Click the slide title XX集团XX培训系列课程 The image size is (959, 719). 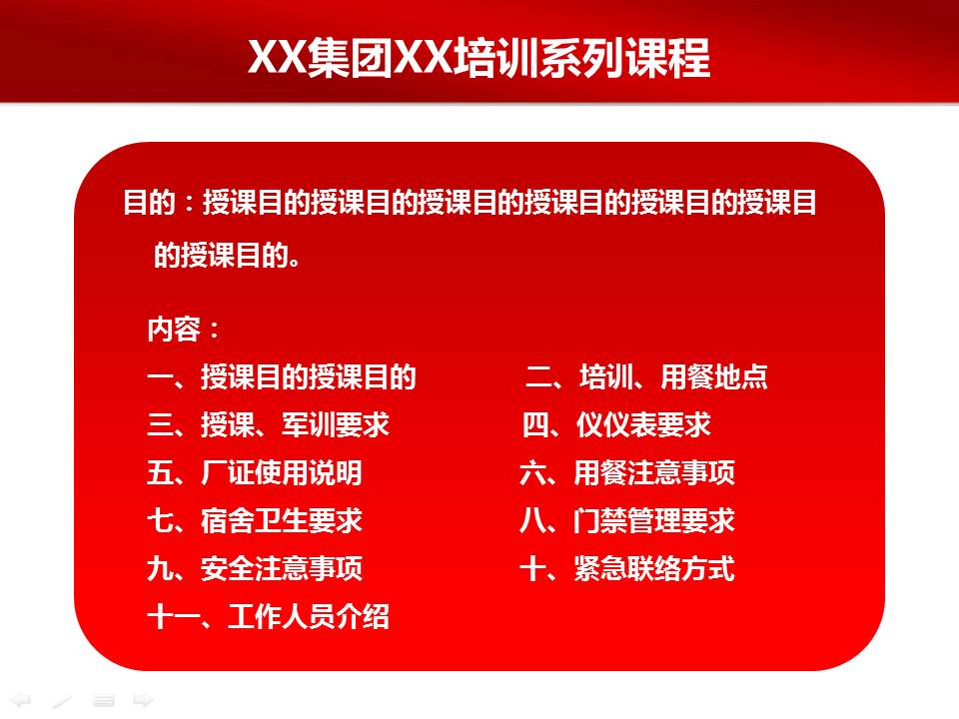pos(479,58)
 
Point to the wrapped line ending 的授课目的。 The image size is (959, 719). pos(228,256)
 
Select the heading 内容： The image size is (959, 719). pos(185,331)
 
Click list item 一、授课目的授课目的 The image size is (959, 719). pos(281,377)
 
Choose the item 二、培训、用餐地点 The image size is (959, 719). pos(647,377)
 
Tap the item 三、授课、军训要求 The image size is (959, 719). pos(268,425)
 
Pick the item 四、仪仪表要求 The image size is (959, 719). pos(616,425)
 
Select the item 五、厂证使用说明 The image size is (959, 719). pos(255,473)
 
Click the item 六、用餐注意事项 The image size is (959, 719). pos(627,473)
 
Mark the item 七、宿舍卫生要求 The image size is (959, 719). pos(255,521)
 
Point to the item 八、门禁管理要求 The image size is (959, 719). pos(627,521)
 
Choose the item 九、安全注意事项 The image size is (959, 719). pos(255,569)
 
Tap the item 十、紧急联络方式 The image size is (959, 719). pos(627,569)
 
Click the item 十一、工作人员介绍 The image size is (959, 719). pos(268,617)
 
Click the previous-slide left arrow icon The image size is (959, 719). pos(20,700)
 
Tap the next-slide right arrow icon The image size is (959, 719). pos(144,700)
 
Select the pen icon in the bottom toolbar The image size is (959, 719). pos(62,700)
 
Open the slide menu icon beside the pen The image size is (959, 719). pos(103,700)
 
